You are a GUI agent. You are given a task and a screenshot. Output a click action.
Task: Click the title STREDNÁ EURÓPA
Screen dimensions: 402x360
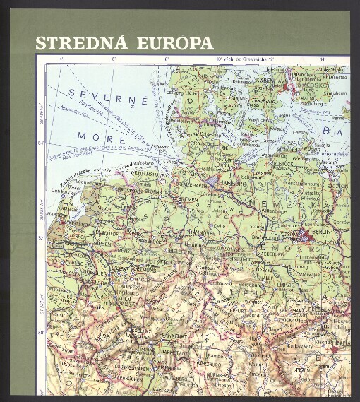pyautogui.click(x=124, y=42)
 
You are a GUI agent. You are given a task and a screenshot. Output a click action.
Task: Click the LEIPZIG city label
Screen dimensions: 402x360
pyautogui.click(x=286, y=284)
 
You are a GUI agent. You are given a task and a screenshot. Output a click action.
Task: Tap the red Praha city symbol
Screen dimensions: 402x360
pyautogui.click(x=334, y=348)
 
